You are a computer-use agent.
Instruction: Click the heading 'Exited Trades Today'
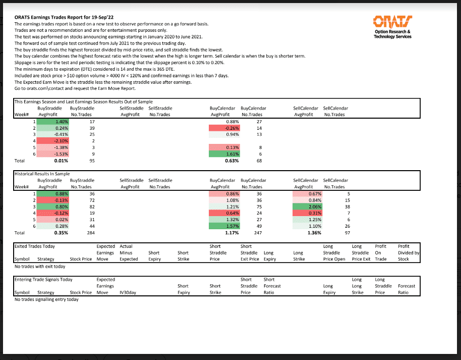[35, 246]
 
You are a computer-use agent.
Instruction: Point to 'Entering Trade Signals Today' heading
[43, 279]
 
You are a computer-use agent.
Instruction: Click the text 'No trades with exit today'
[40, 266]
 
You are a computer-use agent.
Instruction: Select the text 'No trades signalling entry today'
[46, 299]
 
